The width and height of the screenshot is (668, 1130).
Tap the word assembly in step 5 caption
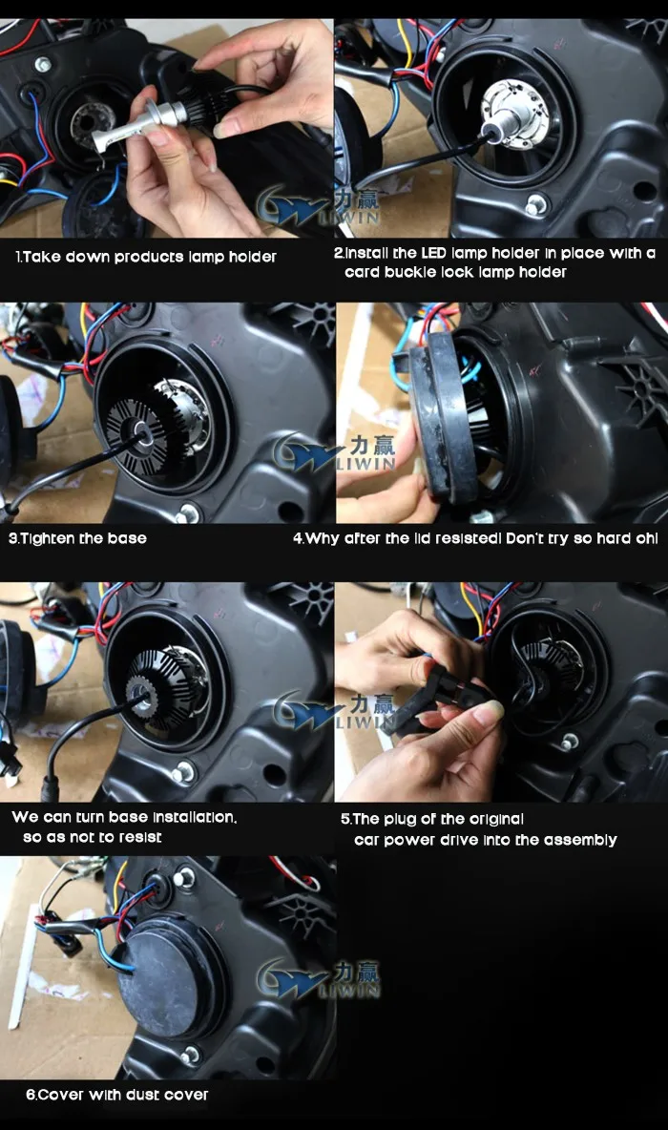(x=580, y=840)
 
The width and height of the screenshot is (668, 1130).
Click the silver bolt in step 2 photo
(x=534, y=207)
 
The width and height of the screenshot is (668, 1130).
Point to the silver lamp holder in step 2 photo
(x=516, y=115)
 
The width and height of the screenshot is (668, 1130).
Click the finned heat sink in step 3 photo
(x=137, y=432)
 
